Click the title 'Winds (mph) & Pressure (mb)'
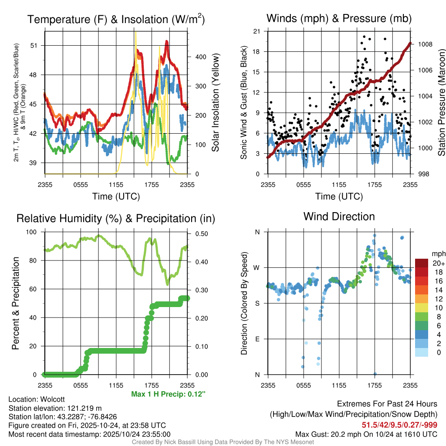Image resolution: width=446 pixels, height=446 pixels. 339,19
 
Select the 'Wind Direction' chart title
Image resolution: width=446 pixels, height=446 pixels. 339,216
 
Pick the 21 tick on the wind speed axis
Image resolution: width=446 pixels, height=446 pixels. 257,31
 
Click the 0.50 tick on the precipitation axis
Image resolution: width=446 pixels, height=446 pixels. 202,233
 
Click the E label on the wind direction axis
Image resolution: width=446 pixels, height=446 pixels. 257,339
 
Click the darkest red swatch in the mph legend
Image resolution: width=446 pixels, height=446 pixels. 421,263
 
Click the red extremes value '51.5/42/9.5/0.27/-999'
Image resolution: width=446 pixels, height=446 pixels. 399,425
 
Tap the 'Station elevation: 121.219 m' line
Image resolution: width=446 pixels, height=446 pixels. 55,408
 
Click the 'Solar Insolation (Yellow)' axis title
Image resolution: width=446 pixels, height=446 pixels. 215,103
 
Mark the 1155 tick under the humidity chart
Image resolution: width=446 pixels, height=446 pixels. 116,385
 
